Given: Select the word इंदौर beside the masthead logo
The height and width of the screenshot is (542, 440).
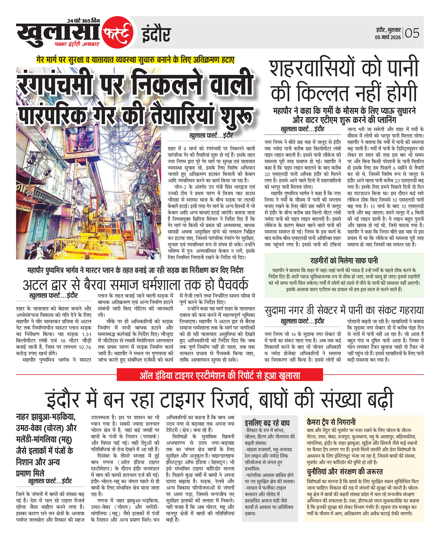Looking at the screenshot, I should (x=156, y=35).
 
